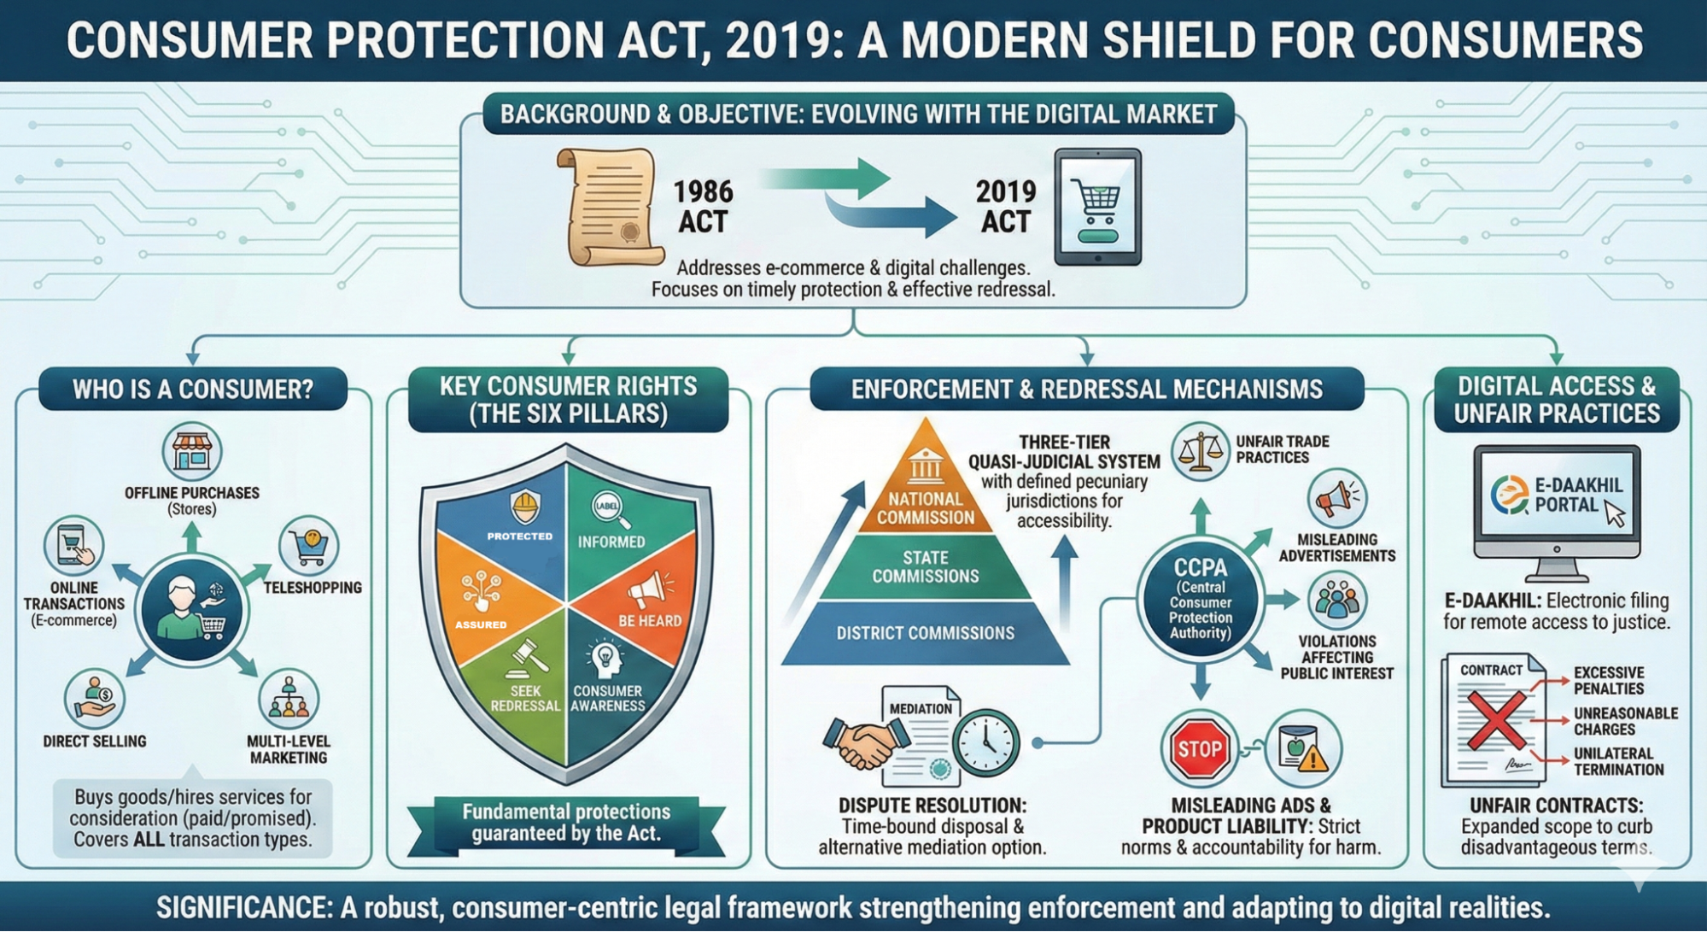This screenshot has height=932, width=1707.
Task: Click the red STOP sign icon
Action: (1200, 749)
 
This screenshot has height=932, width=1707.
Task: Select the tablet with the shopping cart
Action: (1097, 208)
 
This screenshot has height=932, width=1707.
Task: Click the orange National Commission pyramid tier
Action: (925, 495)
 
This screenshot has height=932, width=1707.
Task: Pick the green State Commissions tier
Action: (925, 566)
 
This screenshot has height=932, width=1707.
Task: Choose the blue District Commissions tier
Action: (925, 633)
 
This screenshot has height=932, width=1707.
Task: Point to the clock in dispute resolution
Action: (986, 741)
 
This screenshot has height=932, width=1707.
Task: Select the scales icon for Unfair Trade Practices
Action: (1200, 451)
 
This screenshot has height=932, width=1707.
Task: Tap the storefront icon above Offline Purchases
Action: (192, 451)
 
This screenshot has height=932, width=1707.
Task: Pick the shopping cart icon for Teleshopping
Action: (308, 545)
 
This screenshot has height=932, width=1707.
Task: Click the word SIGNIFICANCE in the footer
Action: (243, 907)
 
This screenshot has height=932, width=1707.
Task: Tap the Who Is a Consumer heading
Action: (193, 390)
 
